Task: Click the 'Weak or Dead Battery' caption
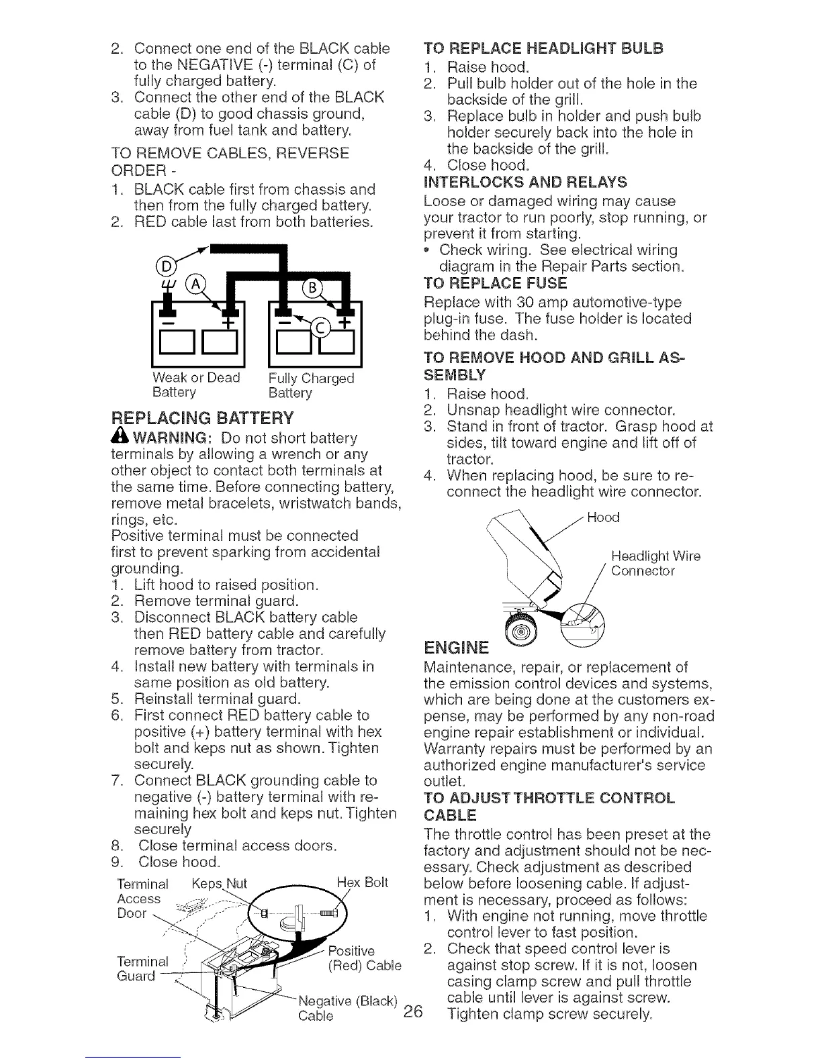tap(195, 385)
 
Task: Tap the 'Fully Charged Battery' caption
tap(310, 385)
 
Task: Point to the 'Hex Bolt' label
tap(363, 881)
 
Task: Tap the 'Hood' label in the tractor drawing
tap(602, 517)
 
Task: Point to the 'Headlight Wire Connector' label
tap(655, 564)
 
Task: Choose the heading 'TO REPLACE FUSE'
tap(496, 283)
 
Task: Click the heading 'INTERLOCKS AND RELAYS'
tap(527, 182)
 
